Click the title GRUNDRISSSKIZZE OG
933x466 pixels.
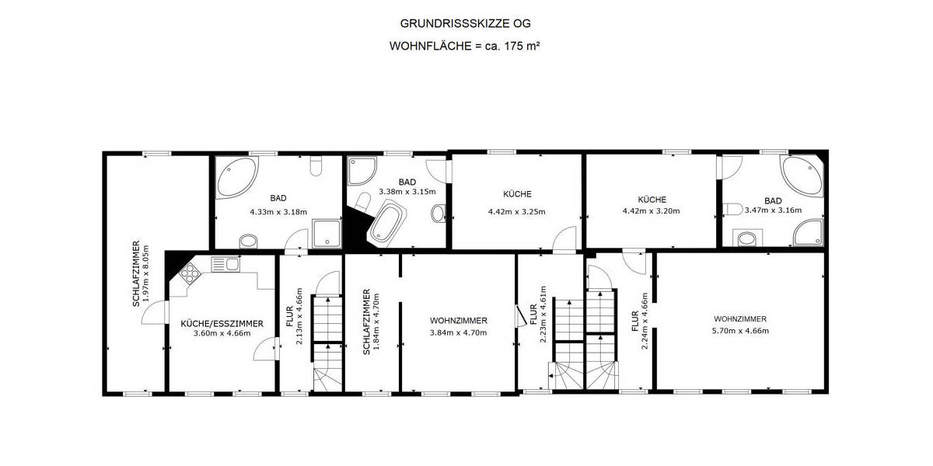[x=465, y=24]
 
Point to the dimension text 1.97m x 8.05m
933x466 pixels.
[x=145, y=274]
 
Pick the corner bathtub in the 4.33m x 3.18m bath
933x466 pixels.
[x=234, y=177]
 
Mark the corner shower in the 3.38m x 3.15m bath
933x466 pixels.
[x=362, y=172]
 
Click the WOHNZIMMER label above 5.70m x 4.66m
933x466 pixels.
[x=740, y=319]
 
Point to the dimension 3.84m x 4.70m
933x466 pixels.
[x=459, y=332]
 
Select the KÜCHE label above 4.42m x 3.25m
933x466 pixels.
[x=517, y=194]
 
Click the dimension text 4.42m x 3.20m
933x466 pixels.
[x=651, y=210]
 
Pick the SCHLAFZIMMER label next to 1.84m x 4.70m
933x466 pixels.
[x=366, y=322]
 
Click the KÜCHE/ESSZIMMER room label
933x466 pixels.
[x=222, y=323]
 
